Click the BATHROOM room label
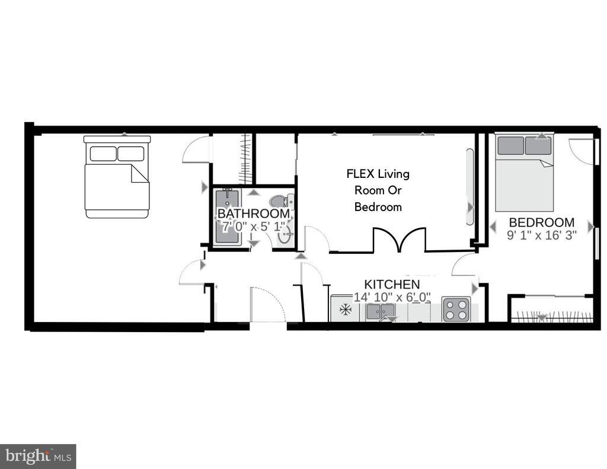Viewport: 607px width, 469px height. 254,213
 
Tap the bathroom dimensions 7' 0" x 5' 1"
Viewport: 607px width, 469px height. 254,226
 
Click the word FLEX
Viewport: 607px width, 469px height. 360,174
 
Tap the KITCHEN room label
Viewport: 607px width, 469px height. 392,285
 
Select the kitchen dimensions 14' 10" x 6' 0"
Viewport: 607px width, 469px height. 392,297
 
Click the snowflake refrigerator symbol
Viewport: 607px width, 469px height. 343,310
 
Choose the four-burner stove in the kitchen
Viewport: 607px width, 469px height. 455,309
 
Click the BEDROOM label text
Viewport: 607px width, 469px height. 541,222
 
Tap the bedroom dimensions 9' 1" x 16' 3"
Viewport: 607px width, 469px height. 541,235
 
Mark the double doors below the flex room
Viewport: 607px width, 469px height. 399,241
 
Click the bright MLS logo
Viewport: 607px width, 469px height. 38,457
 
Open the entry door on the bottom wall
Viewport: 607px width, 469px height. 267,305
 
